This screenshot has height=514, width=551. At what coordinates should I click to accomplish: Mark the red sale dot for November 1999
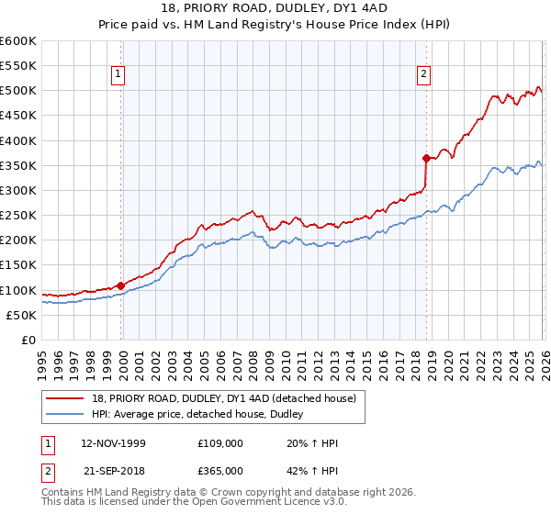[x=121, y=285]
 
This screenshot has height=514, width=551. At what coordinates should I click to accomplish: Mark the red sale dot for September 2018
[x=426, y=158]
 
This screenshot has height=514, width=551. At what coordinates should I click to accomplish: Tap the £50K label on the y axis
[x=21, y=315]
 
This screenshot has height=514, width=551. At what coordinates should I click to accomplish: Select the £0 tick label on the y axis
[x=28, y=340]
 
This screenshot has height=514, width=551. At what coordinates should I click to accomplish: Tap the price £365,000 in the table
[x=220, y=471]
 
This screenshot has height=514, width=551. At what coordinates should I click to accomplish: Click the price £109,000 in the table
[x=220, y=442]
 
